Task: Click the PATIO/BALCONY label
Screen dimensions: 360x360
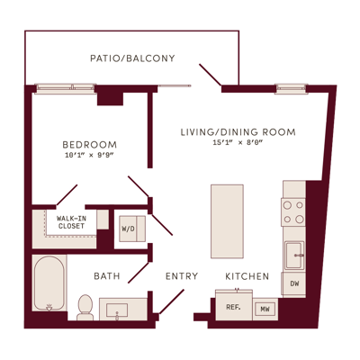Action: (x=132, y=58)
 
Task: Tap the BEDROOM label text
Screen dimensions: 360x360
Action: (x=90, y=145)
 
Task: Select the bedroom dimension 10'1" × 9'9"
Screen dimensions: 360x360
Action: (x=90, y=155)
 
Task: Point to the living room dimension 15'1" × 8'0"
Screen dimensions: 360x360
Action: (x=238, y=143)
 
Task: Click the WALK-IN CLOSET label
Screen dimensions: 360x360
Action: (x=71, y=222)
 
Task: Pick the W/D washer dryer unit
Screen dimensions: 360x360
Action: (x=132, y=229)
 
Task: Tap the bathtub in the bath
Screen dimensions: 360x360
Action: (x=49, y=283)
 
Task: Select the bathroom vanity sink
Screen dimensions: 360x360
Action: (x=117, y=310)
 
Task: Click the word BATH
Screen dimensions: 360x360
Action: (x=107, y=276)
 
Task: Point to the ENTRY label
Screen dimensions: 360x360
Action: (x=182, y=276)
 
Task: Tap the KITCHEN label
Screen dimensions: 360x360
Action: (x=247, y=276)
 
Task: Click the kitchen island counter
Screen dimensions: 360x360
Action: (x=227, y=221)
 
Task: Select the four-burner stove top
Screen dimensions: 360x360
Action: (x=293, y=212)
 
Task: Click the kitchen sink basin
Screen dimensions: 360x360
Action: (x=294, y=256)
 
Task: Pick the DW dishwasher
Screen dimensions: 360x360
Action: (x=293, y=283)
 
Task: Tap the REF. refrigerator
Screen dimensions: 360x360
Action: (x=234, y=306)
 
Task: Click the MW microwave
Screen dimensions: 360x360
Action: (x=265, y=310)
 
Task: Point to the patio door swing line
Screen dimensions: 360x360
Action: (x=211, y=75)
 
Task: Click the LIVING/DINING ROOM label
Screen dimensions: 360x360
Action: (x=238, y=132)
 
